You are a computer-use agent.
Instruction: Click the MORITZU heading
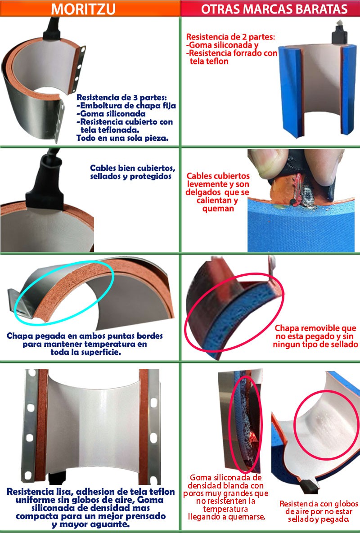[83, 9]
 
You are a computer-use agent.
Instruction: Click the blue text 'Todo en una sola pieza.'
[122, 138]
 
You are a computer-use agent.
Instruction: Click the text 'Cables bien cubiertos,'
[133, 168]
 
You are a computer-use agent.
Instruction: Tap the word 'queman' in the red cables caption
[218, 208]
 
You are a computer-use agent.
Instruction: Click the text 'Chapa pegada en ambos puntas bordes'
[85, 336]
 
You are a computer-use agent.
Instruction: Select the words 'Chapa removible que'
[315, 328]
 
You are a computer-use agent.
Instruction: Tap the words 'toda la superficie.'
[85, 352]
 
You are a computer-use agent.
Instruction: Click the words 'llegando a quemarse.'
[226, 517]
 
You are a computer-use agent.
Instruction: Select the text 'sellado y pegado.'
[319, 519]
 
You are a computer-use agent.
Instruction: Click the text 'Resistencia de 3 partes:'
[121, 98]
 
